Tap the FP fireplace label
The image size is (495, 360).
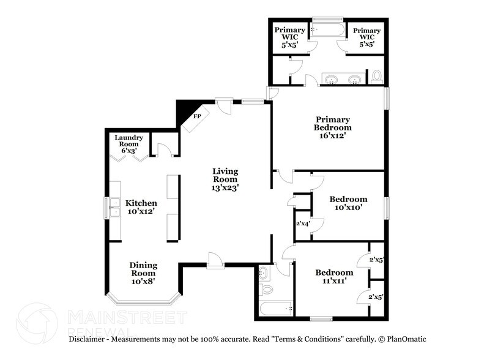pos(197,115)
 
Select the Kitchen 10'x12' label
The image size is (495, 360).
pos(141,207)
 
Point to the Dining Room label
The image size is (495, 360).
pos(143,273)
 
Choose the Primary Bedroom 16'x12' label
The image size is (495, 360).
pos(332,127)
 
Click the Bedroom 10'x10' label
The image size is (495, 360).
pos(348,203)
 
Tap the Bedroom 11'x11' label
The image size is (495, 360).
pos(334,276)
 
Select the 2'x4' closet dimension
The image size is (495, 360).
pos(303,223)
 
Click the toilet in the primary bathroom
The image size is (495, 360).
pos(377,76)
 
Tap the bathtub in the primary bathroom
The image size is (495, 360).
pos(328,29)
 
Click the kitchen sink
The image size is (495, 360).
pos(114,208)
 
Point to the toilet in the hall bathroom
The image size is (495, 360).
pos(267,288)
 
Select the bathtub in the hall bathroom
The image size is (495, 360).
pos(275,307)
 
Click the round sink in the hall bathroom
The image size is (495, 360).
pos(264,271)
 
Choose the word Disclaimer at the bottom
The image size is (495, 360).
pos(89,339)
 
